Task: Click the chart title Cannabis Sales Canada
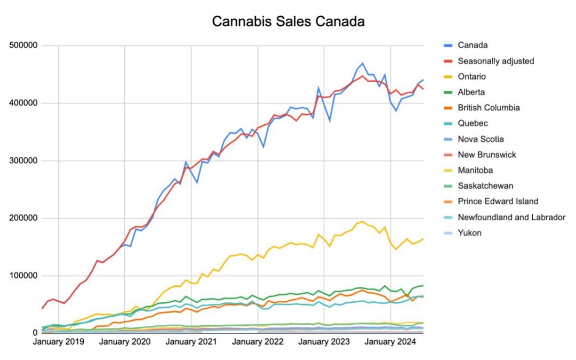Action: pyautogui.click(x=288, y=21)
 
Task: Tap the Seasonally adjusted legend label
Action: pyautogui.click(x=495, y=61)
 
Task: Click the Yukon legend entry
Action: pyautogui.click(x=469, y=233)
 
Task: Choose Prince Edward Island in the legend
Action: pyautogui.click(x=498, y=201)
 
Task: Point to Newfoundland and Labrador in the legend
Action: pyautogui.click(x=511, y=217)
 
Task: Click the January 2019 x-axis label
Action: pyautogui.click(x=58, y=342)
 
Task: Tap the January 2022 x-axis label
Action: pyautogui.click(x=258, y=342)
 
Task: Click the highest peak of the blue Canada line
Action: pyautogui.click(x=363, y=63)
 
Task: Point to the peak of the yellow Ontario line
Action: pyautogui.click(x=362, y=221)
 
